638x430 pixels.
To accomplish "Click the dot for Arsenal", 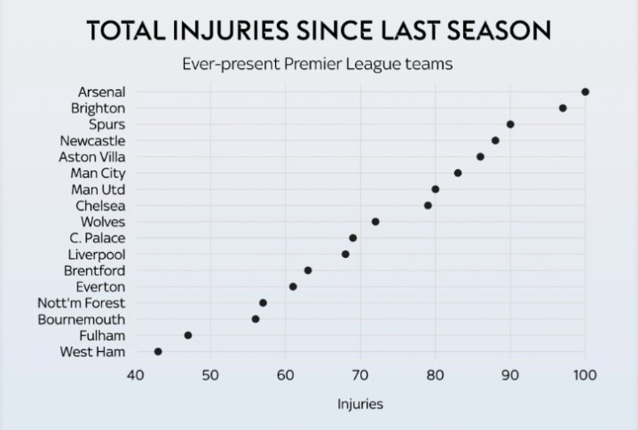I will (585, 92).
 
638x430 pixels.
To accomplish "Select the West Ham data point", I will (158, 352).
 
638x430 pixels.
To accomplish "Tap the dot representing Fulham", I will (188, 335).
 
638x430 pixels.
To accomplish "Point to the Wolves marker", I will (375, 222).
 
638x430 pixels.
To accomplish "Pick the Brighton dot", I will (563, 108).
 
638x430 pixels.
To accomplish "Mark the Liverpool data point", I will (345, 254).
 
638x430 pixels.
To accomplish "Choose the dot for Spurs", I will (510, 124).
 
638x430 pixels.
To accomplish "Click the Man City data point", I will (458, 173).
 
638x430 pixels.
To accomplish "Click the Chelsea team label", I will (100, 206).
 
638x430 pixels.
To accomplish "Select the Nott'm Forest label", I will (82, 303).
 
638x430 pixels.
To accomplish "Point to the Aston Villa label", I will (91, 157).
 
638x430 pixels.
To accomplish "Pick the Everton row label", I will (101, 287).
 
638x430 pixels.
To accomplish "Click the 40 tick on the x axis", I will (135, 375).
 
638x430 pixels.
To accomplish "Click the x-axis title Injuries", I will (360, 405).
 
